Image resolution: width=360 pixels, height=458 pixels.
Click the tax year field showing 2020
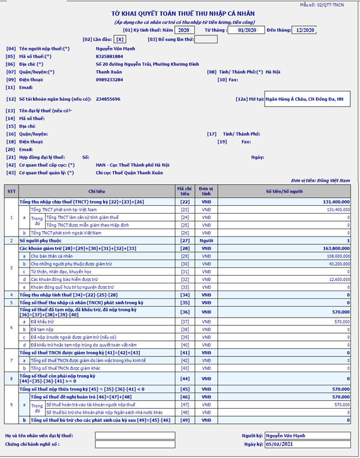tap(184, 29)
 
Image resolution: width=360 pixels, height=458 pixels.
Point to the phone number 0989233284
tap(109, 79)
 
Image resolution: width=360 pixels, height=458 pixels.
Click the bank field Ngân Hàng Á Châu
tap(306, 99)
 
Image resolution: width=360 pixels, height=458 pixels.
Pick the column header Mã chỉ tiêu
tap(184, 191)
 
